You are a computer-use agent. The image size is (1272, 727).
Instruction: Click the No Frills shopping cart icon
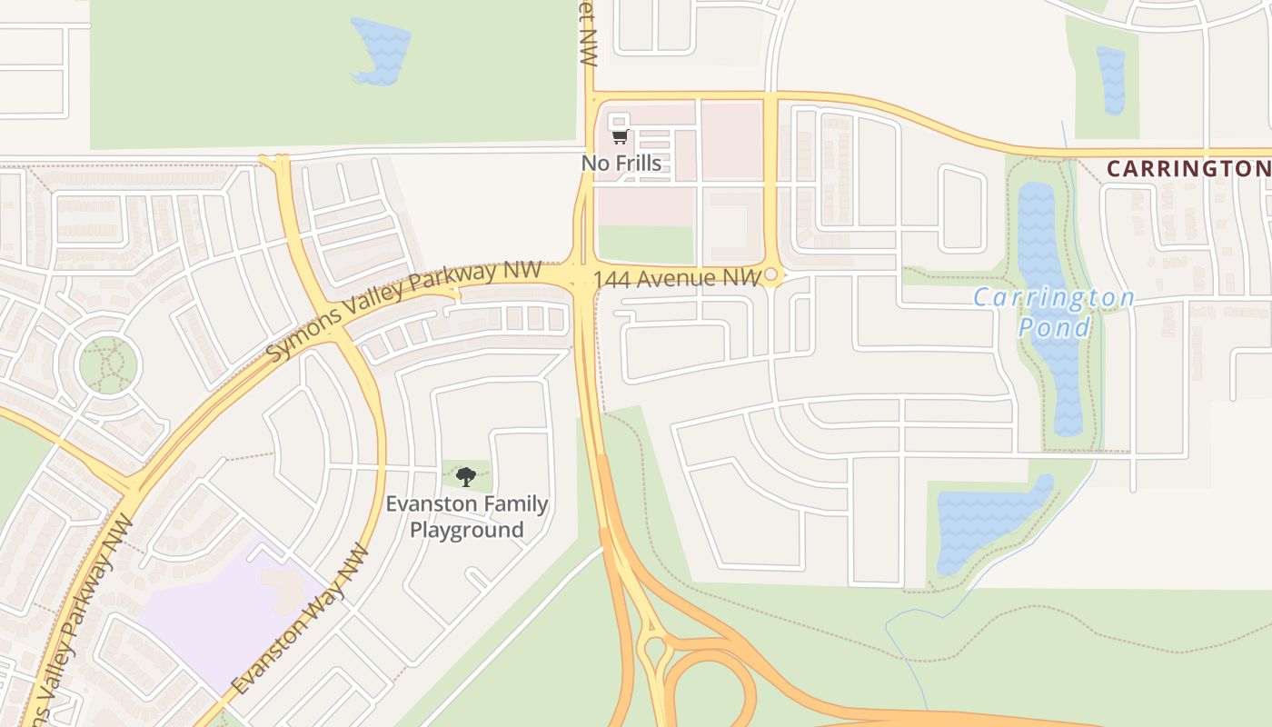(x=620, y=137)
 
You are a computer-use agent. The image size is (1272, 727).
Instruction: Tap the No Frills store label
(x=621, y=164)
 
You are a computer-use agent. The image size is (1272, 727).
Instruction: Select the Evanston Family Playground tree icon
(x=466, y=476)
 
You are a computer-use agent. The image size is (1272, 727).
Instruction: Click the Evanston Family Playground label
(x=467, y=516)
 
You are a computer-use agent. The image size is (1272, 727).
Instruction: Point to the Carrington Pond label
(x=1054, y=312)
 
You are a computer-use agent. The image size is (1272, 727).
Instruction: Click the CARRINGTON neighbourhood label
(x=1188, y=169)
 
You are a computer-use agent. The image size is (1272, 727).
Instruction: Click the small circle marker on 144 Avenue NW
(x=770, y=274)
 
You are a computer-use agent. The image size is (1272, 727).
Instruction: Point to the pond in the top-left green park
(x=380, y=50)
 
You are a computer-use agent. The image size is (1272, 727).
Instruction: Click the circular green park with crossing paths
(x=108, y=365)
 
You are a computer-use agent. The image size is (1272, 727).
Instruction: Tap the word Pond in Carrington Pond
(x=1054, y=327)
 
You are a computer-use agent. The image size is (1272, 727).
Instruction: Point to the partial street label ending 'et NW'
(x=589, y=33)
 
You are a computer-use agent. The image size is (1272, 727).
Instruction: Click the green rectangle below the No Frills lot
(x=645, y=244)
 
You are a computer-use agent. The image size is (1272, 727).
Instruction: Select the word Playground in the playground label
(x=467, y=530)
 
